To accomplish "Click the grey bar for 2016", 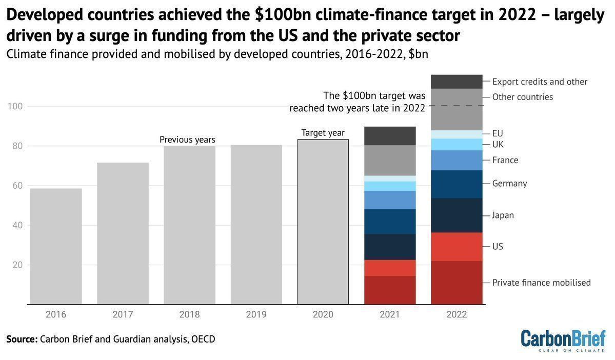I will tap(56, 246).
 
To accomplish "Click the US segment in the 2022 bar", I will tap(457, 247).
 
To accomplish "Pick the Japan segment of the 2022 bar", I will tap(457, 215).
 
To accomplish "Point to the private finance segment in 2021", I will tap(390, 290).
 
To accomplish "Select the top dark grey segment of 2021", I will tap(390, 136).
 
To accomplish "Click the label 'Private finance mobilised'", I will tap(541, 283).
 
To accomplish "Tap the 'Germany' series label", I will tap(509, 184).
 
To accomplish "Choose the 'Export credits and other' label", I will tap(540, 82).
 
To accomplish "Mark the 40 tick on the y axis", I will tap(18, 225).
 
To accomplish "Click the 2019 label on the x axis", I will tap(256, 314).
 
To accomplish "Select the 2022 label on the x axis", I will tap(457, 314).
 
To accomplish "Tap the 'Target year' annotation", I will tap(323, 133).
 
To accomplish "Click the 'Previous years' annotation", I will tap(187, 139).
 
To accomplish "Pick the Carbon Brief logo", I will tap(563, 341).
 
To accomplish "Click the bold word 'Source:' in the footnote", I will tap(22, 339).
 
